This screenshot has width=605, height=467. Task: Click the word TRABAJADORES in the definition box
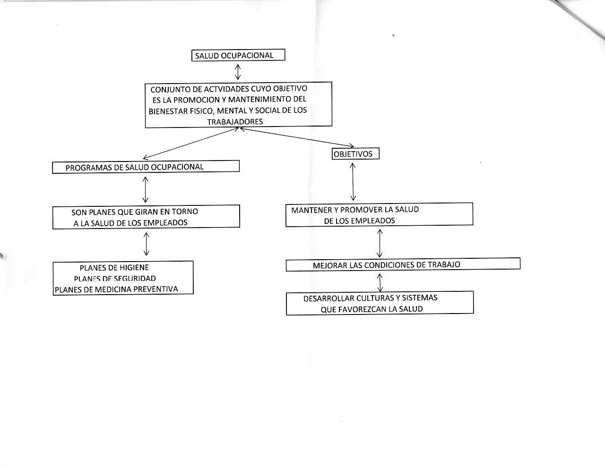(x=235, y=122)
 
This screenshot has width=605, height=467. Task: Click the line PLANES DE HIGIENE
(x=114, y=268)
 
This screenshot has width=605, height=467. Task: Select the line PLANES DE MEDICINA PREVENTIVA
(x=116, y=289)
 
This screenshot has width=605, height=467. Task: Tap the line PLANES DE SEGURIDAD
(x=115, y=279)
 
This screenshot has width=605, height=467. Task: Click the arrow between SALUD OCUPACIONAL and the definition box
(x=237, y=72)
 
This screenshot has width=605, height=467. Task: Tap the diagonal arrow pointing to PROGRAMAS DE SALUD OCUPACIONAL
(x=191, y=143)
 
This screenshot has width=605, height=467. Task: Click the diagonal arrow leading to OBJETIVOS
(x=297, y=137)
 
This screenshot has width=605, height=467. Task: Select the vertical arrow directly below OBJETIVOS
(x=353, y=182)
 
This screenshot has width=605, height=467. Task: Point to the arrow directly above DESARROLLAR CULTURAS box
(x=380, y=282)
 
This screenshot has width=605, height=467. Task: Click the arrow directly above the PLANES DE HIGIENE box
(x=146, y=244)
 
